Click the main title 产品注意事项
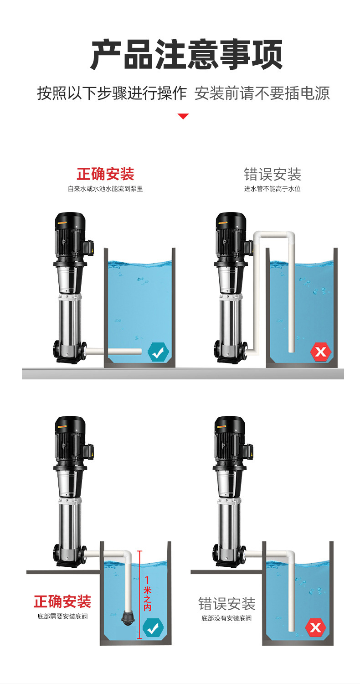[x=186, y=55]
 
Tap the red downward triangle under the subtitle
[x=183, y=116]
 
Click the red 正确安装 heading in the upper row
[x=106, y=174]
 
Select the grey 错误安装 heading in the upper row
[x=273, y=174]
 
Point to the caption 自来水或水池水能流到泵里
[x=105, y=189]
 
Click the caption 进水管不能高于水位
[x=272, y=189]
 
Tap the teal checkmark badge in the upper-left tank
[x=158, y=352]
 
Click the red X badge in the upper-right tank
[x=321, y=352]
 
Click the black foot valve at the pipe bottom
[x=128, y=617]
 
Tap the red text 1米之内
[x=147, y=593]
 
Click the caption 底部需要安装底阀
[x=62, y=616]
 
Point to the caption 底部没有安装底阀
[x=226, y=618]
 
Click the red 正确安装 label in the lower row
[x=62, y=601]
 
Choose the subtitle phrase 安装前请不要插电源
[x=262, y=93]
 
